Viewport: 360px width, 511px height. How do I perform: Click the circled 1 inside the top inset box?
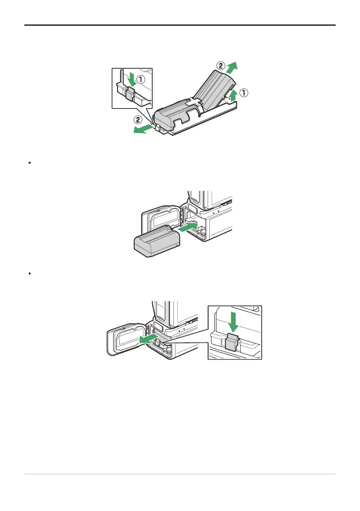(141, 79)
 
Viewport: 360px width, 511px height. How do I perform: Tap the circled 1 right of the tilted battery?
(243, 93)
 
